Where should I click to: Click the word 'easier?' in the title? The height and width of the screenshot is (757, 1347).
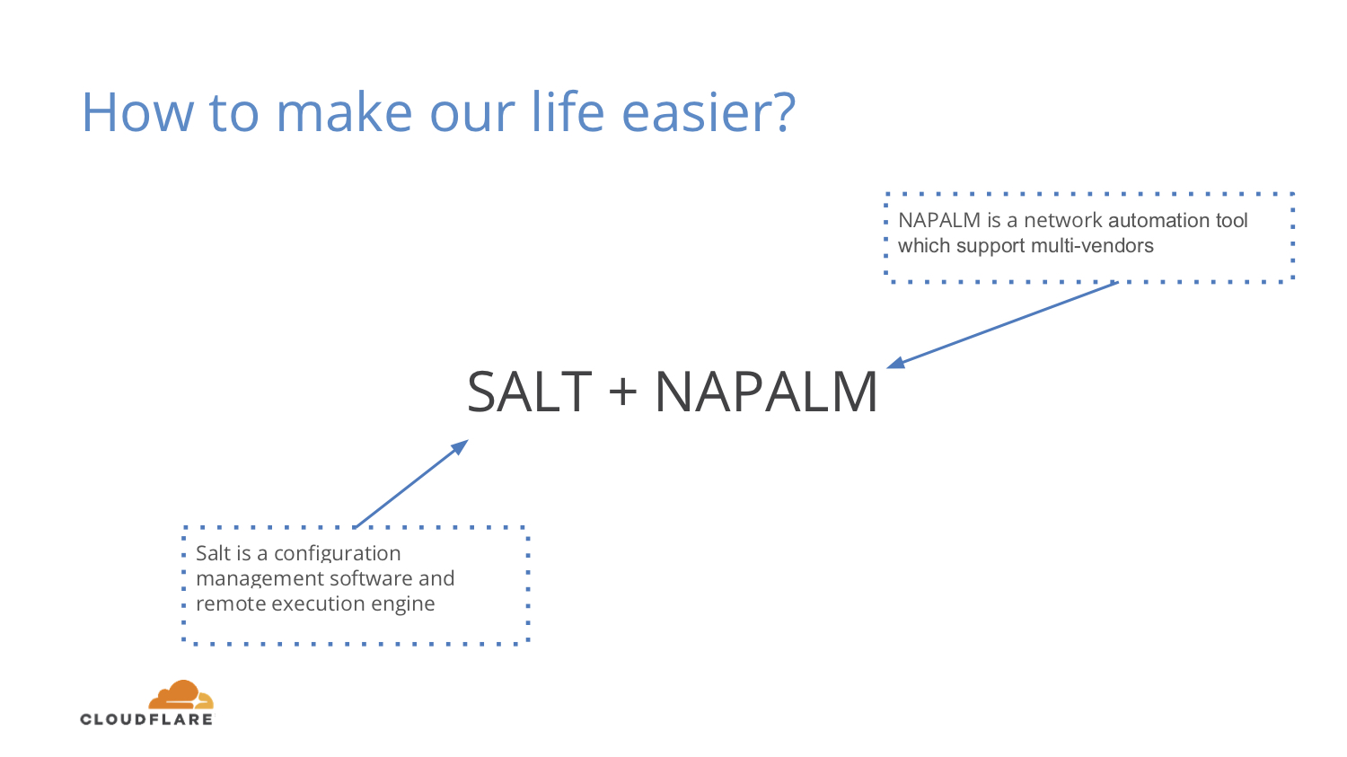pos(709,112)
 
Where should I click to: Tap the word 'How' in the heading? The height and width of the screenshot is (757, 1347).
pos(137,112)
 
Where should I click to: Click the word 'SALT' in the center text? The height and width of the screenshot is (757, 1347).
pos(529,392)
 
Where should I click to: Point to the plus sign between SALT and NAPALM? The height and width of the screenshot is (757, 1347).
pos(623,392)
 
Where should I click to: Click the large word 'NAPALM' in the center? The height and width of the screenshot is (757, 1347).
pos(766,392)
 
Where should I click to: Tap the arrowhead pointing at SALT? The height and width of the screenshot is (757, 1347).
pos(460,446)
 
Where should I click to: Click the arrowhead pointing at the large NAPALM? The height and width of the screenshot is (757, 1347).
pos(896,363)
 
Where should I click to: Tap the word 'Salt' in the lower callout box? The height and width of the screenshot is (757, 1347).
pos(214,553)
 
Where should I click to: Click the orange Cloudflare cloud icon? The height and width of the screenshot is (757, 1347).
pos(181,695)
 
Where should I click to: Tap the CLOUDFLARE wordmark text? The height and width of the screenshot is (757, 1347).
pos(146,719)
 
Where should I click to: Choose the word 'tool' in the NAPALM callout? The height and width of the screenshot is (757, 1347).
pos(1231,221)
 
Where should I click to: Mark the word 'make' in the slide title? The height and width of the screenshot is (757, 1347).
pos(344,112)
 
